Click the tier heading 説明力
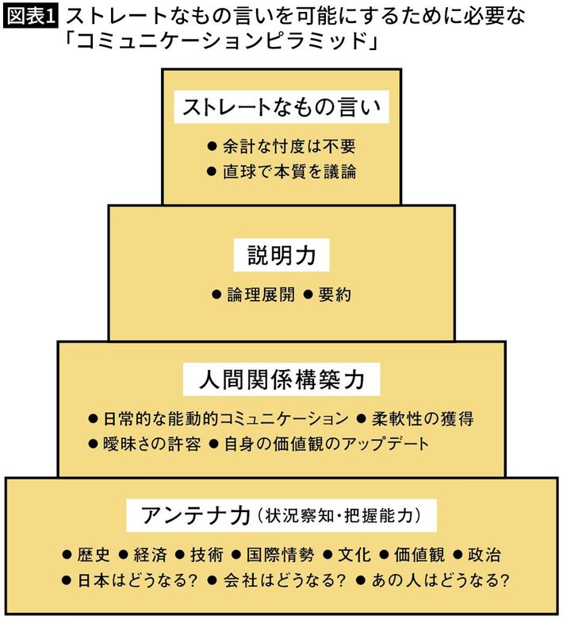281,256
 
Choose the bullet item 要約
334,295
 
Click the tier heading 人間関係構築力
281,379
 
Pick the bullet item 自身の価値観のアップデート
325,443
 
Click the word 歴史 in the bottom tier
94,555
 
